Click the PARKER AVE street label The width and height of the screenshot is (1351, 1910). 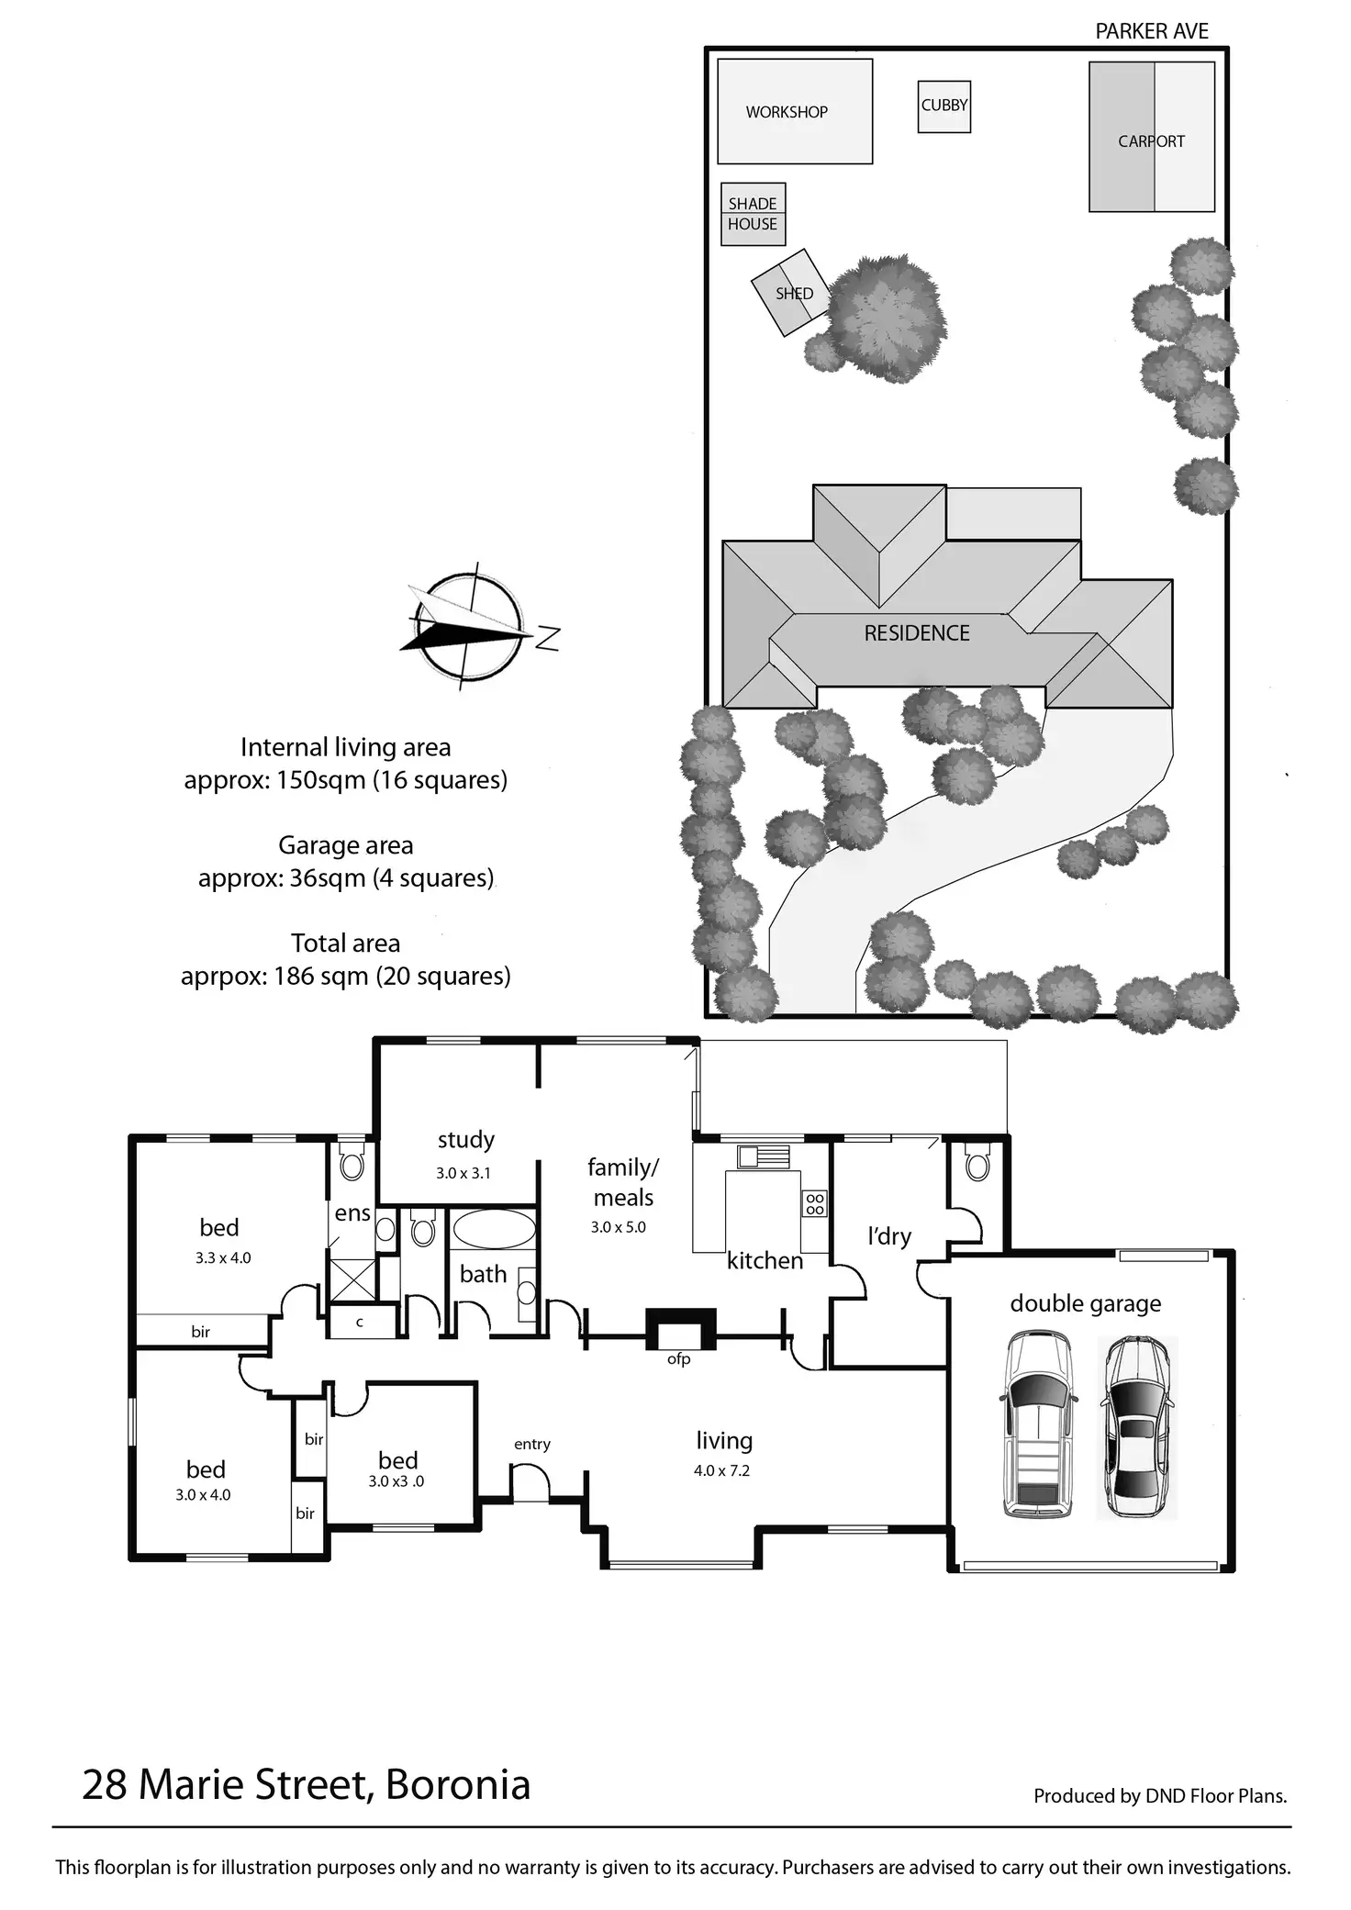1152,31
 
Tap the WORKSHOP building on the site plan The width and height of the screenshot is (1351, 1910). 795,111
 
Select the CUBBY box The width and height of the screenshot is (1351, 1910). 944,106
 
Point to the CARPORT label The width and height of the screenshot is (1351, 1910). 1151,141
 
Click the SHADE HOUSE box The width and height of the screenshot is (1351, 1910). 753,214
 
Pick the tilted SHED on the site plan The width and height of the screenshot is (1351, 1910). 790,293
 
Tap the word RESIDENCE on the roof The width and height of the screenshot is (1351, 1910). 917,633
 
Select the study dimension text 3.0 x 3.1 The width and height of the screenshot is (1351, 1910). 463,1173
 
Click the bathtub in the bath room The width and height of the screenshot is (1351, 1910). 495,1230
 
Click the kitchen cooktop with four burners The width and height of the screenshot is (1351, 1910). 814,1203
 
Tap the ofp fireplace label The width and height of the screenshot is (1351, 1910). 678,1359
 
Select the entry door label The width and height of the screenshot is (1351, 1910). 532,1445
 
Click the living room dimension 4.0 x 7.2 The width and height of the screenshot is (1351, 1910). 721,1470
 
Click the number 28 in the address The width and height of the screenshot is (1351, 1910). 105,1785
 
